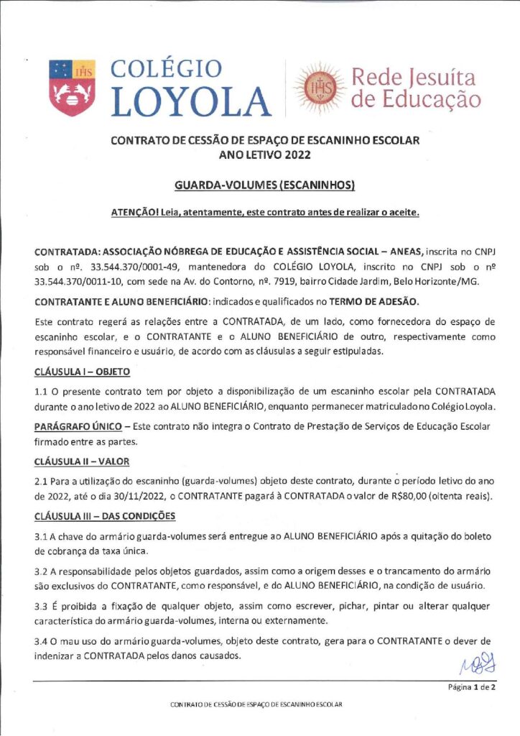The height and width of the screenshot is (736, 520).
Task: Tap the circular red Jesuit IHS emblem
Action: pos(317,88)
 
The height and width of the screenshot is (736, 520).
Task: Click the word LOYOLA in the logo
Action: pos(192,101)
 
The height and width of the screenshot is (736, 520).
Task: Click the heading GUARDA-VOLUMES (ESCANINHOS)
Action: pos(265,185)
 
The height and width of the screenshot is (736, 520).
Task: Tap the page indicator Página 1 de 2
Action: pos(471,687)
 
